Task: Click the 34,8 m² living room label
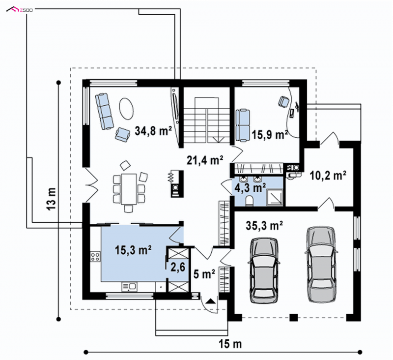153,131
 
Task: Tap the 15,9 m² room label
270,135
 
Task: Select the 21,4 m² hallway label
205,160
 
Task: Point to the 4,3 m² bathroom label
250,187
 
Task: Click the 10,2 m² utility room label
328,176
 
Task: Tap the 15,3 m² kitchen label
133,250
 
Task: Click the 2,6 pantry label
178,267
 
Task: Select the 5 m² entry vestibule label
204,274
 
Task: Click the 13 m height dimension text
51,199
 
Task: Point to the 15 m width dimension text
230,344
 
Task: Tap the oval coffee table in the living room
126,109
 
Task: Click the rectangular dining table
129,189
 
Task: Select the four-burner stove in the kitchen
95,256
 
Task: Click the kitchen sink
129,287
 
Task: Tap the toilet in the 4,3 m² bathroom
250,201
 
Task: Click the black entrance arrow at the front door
210,300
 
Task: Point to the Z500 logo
20,10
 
